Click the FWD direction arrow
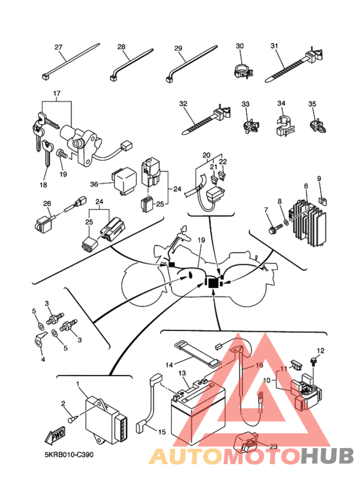55,435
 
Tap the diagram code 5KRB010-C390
69,455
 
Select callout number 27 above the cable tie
59,47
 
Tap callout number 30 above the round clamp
240,46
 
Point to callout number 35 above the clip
312,104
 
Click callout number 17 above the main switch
57,94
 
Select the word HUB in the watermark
327,456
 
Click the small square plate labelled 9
323,201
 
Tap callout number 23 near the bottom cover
273,447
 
